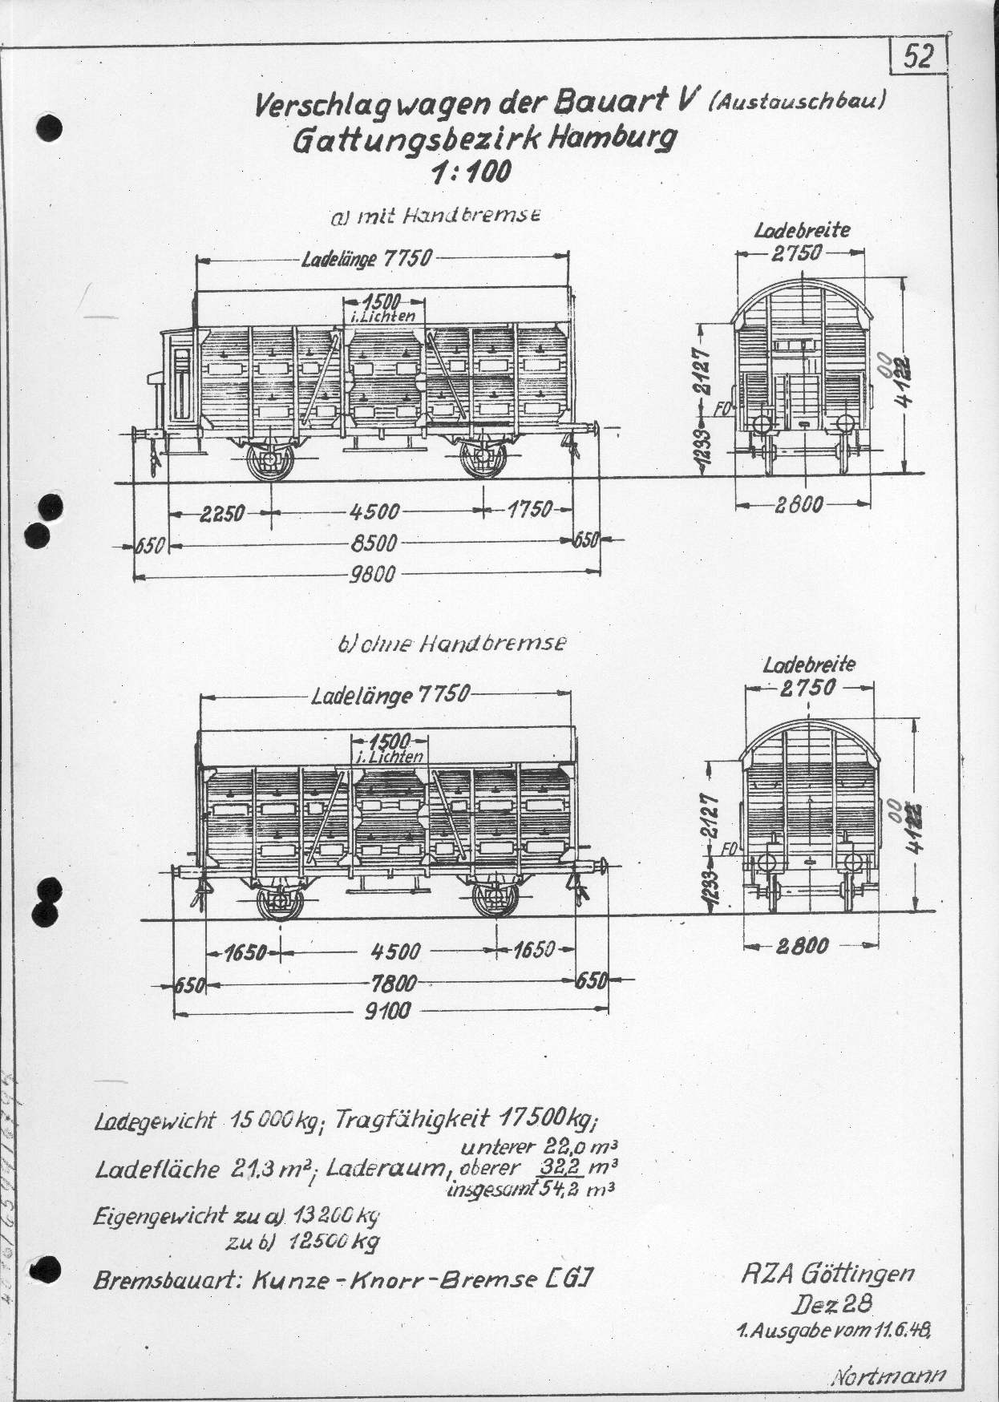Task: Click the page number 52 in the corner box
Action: (919, 57)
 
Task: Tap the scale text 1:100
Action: (471, 172)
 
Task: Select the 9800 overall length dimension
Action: (374, 574)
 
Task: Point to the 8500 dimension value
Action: (374, 543)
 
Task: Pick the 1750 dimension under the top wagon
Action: (530, 510)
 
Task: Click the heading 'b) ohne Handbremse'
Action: (451, 643)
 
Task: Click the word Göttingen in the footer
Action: (864, 1272)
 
